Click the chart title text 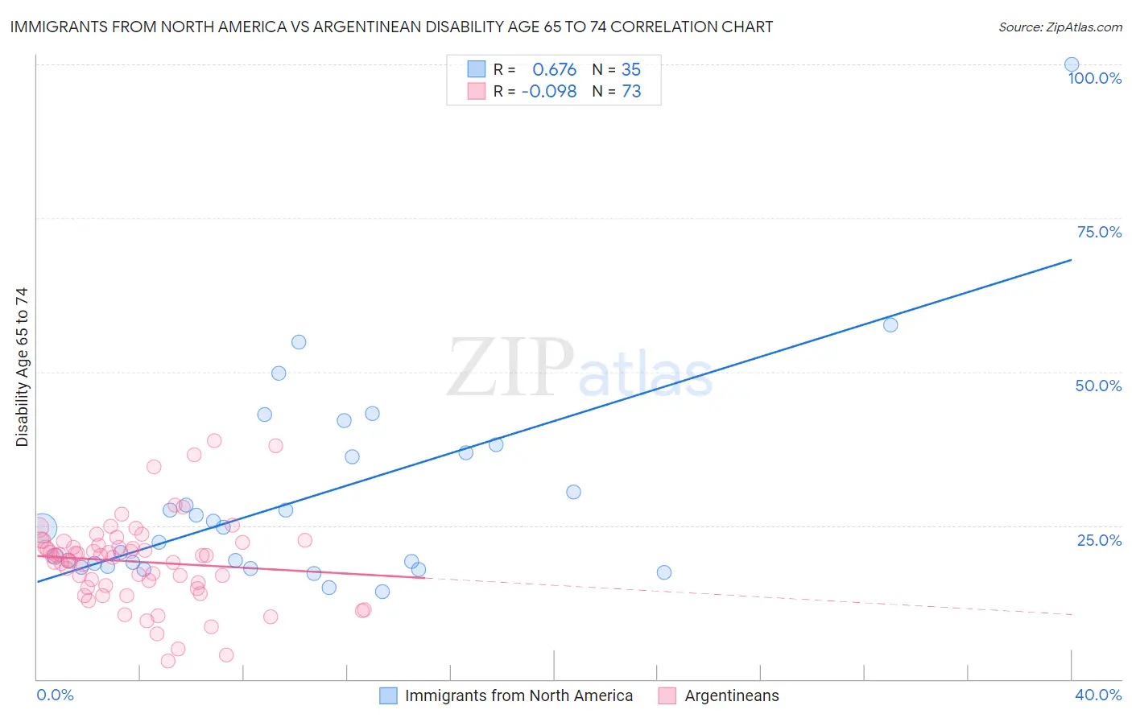(x=391, y=27)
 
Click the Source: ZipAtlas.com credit (x=1060, y=27)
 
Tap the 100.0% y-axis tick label (x=1094, y=78)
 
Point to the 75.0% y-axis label (x=1099, y=232)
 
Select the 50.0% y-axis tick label (x=1098, y=386)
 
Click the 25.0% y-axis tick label (x=1099, y=540)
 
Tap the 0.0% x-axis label (x=55, y=695)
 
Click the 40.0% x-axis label (x=1097, y=695)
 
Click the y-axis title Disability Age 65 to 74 (x=22, y=367)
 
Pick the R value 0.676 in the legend (x=554, y=70)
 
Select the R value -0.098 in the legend (x=549, y=92)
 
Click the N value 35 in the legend (x=631, y=70)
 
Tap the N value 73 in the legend (x=631, y=92)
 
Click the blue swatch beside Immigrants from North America (x=388, y=695)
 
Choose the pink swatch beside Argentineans (x=667, y=695)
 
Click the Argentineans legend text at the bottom (x=732, y=695)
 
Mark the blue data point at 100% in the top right (x=1072, y=64)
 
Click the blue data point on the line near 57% (x=890, y=325)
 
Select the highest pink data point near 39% (x=214, y=440)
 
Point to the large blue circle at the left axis (x=43, y=528)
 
